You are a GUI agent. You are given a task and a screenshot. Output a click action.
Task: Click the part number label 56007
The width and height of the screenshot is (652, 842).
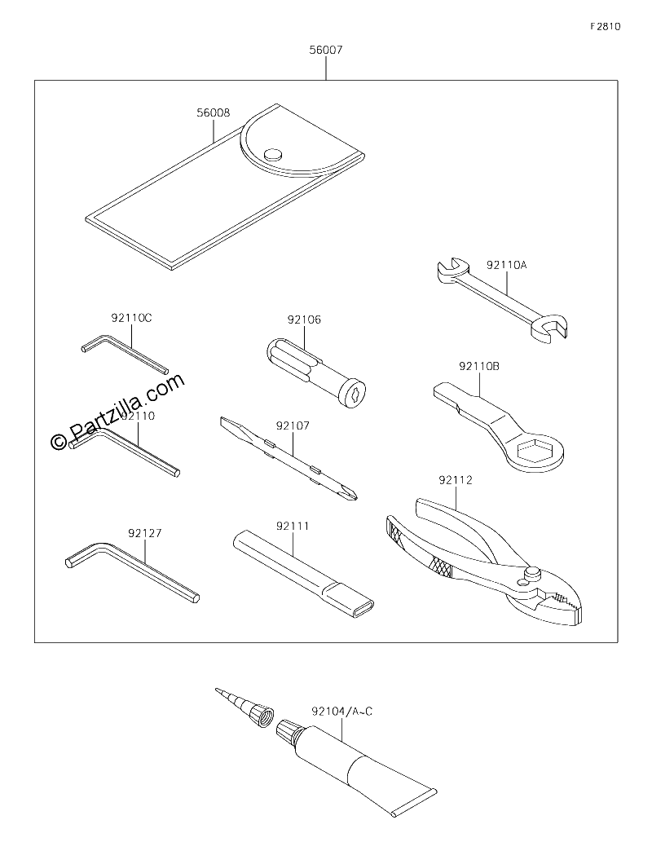[325, 50]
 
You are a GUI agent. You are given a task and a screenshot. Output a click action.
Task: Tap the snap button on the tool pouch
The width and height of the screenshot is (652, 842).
[273, 155]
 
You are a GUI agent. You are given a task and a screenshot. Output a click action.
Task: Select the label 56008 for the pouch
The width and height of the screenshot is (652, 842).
[214, 112]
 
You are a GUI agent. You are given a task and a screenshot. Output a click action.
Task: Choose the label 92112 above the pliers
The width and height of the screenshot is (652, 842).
[456, 480]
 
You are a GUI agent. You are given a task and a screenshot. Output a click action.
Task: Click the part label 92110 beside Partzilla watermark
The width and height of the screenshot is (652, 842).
[138, 416]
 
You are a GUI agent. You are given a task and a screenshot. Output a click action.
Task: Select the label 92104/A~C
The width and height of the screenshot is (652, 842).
[341, 712]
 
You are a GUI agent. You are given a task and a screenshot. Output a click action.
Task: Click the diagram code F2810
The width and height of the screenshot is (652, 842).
[606, 26]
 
